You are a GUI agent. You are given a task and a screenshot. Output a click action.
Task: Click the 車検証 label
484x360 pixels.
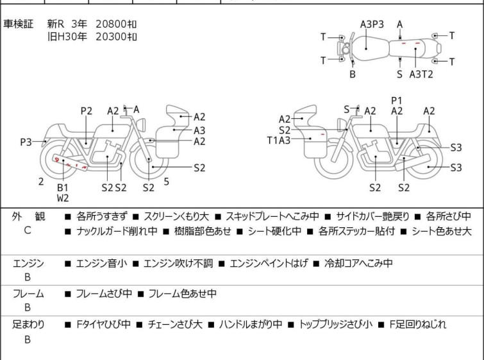[18, 24]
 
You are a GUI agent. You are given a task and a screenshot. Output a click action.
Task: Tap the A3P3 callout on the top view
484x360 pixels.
[372, 24]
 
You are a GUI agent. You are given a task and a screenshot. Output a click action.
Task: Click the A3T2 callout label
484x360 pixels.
[421, 74]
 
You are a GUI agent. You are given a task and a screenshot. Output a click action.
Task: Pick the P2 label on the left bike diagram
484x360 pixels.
[87, 111]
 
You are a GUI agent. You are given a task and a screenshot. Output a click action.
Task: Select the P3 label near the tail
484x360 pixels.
[26, 142]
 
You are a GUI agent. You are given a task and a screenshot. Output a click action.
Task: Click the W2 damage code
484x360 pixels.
[63, 198]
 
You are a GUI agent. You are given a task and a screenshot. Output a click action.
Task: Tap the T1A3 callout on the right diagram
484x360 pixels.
[279, 141]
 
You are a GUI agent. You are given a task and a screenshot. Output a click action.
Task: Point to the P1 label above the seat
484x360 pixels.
[397, 101]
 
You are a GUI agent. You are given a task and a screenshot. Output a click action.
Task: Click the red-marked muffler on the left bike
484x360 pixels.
[70, 162]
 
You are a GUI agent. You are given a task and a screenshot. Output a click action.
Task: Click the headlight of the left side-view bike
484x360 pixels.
[141, 125]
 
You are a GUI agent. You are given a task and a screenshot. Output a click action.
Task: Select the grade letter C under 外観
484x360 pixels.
[28, 230]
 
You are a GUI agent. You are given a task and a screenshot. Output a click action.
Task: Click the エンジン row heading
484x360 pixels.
[28, 263]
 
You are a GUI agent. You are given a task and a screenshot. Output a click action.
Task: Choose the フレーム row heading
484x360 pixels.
[28, 293]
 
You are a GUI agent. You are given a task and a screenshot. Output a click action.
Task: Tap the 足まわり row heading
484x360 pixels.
[28, 325]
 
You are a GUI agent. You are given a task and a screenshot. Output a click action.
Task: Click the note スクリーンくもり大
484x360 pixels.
[176, 217]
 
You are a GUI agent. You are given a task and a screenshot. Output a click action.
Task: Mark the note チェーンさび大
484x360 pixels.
[175, 325]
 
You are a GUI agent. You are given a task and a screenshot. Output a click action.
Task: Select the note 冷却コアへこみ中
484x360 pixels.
[358, 263]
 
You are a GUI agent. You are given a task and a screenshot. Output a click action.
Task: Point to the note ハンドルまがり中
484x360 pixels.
[251, 325]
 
